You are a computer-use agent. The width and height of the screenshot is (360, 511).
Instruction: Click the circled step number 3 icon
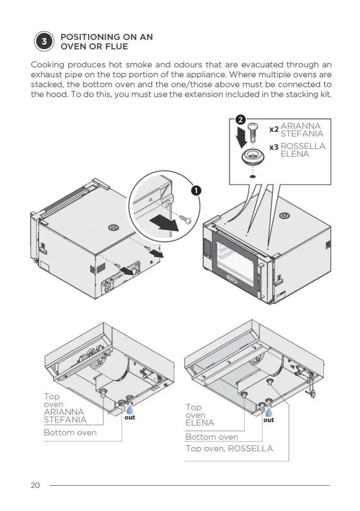44,42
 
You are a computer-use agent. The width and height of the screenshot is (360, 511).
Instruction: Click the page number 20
35,485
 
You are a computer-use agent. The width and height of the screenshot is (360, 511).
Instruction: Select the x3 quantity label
274,148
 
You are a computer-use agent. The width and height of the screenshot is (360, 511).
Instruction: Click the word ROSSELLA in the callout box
303,146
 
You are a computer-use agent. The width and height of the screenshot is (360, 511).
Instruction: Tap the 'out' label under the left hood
130,417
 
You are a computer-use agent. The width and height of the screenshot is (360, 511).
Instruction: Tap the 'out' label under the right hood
269,420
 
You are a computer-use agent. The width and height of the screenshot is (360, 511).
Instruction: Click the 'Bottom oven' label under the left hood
70,432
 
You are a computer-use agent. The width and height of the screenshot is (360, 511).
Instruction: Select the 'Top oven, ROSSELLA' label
229,448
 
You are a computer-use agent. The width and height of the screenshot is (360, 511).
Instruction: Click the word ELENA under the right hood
200,423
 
